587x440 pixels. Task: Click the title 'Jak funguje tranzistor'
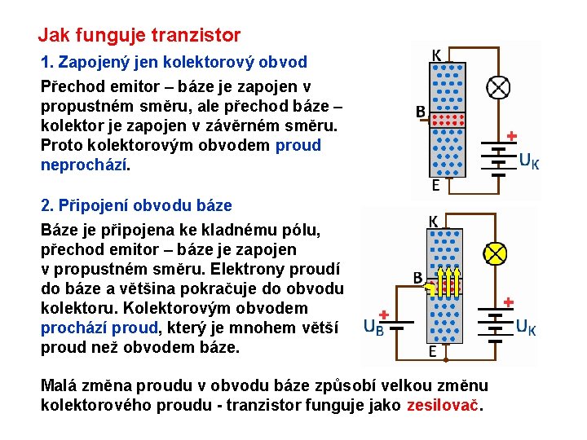[139, 35]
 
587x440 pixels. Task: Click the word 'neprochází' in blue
[84, 165]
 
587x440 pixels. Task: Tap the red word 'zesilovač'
[443, 405]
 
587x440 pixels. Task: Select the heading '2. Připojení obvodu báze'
[136, 205]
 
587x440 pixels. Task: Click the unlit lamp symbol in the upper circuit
[497, 87]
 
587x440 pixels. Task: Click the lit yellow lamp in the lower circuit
[494, 253]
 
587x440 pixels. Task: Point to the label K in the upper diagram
[437, 55]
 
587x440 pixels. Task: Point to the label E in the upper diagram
[436, 186]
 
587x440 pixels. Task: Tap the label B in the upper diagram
[421, 112]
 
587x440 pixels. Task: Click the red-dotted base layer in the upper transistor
[447, 122]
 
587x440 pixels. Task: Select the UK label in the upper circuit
[529, 161]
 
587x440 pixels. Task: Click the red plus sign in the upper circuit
[512, 135]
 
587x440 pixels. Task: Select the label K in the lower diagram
[435, 222]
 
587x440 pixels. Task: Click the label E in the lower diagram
[433, 352]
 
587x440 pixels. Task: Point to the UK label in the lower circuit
[526, 328]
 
